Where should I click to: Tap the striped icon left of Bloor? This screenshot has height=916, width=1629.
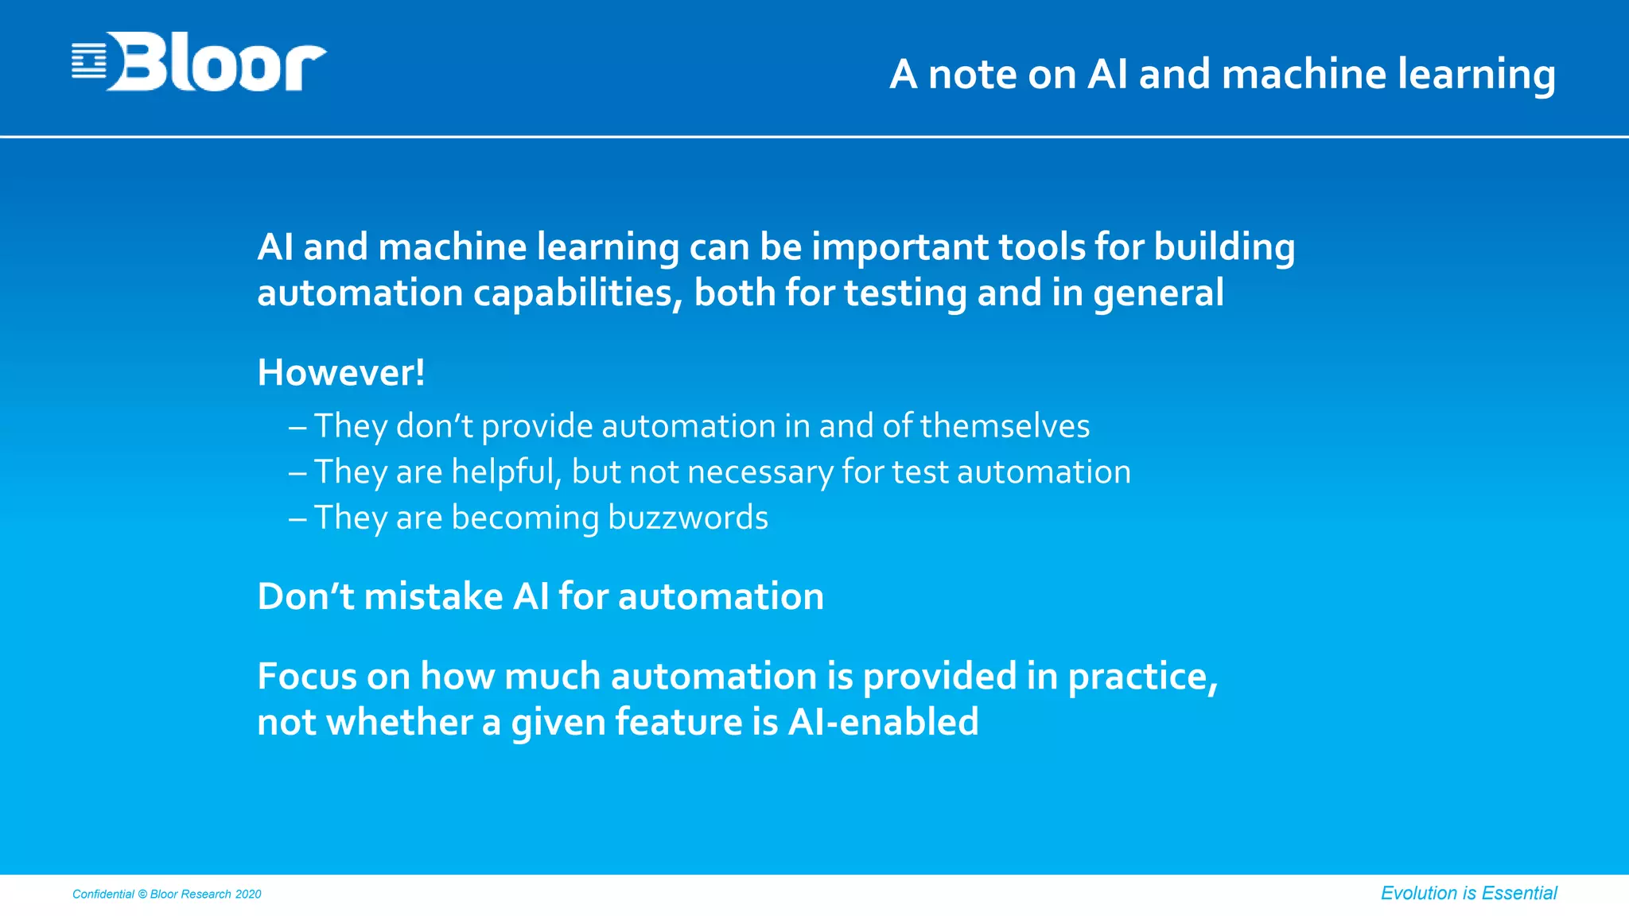pos(88,62)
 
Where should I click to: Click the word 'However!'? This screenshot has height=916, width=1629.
pos(341,372)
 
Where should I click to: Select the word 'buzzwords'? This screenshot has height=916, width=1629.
pos(688,518)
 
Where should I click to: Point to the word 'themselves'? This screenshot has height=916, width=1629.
pos(1005,426)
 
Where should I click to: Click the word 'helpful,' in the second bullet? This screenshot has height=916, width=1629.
pos(507,472)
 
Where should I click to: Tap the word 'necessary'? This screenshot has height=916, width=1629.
pos(760,472)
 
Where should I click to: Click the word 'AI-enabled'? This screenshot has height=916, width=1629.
pos(883,722)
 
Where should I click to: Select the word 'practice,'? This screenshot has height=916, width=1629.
pos(1142,677)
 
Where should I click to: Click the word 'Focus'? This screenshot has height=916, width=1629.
pos(307,677)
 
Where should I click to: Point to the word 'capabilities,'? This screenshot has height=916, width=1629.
pos(578,293)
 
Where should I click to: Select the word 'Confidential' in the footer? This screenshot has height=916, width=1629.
pos(103,895)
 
